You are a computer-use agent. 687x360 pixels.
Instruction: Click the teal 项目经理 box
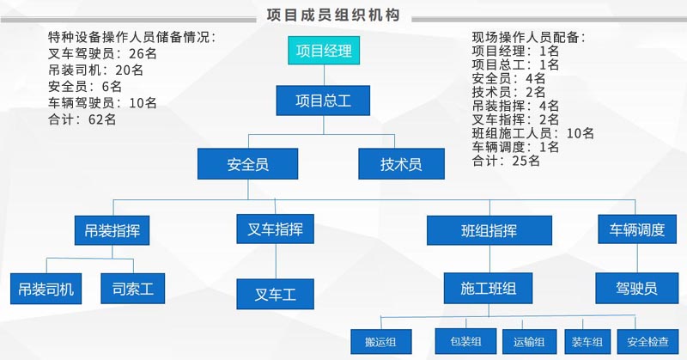pyautogui.click(x=324, y=51)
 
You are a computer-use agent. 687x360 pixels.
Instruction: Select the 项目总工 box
pyautogui.click(x=323, y=101)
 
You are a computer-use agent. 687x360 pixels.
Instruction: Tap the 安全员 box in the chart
pyautogui.click(x=247, y=163)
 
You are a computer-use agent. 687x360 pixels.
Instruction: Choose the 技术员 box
pyautogui.click(x=401, y=163)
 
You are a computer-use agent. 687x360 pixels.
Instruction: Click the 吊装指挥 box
pyautogui.click(x=112, y=230)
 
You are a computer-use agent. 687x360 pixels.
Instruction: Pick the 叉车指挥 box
pyautogui.click(x=275, y=229)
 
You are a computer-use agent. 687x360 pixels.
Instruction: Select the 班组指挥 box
pyautogui.click(x=489, y=230)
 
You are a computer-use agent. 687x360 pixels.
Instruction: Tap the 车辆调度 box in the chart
pyautogui.click(x=637, y=229)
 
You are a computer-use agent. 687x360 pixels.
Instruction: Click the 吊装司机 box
pyautogui.click(x=46, y=289)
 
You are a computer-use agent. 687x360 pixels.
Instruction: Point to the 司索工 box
pyautogui.click(x=133, y=289)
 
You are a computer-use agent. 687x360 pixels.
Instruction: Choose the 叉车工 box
pyautogui.click(x=275, y=294)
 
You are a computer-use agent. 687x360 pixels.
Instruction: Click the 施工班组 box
pyautogui.click(x=488, y=288)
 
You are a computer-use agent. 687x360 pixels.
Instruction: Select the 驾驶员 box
pyautogui.click(x=636, y=288)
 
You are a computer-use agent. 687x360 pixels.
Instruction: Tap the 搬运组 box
pyautogui.click(x=380, y=342)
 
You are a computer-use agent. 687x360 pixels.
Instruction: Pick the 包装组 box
pyautogui.click(x=465, y=341)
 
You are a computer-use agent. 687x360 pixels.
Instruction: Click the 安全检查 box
pyautogui.click(x=648, y=342)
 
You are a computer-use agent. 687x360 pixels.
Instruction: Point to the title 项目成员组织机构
pyautogui.click(x=333, y=15)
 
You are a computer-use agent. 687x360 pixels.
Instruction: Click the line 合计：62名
pyautogui.click(x=82, y=119)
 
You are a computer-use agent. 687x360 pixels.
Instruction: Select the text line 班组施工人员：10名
pyautogui.click(x=532, y=133)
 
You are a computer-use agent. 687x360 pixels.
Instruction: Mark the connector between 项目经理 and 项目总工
pyautogui.click(x=324, y=75)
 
